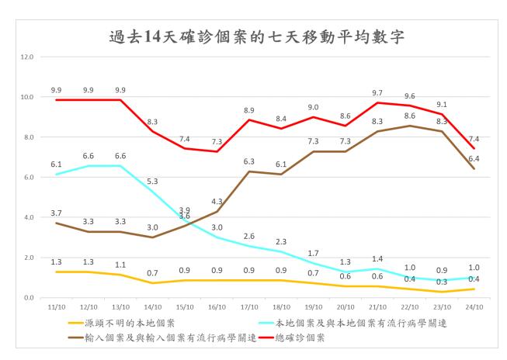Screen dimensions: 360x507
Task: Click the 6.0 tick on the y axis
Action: [x=28, y=178]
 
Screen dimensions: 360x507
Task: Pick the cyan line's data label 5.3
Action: [x=152, y=181]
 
